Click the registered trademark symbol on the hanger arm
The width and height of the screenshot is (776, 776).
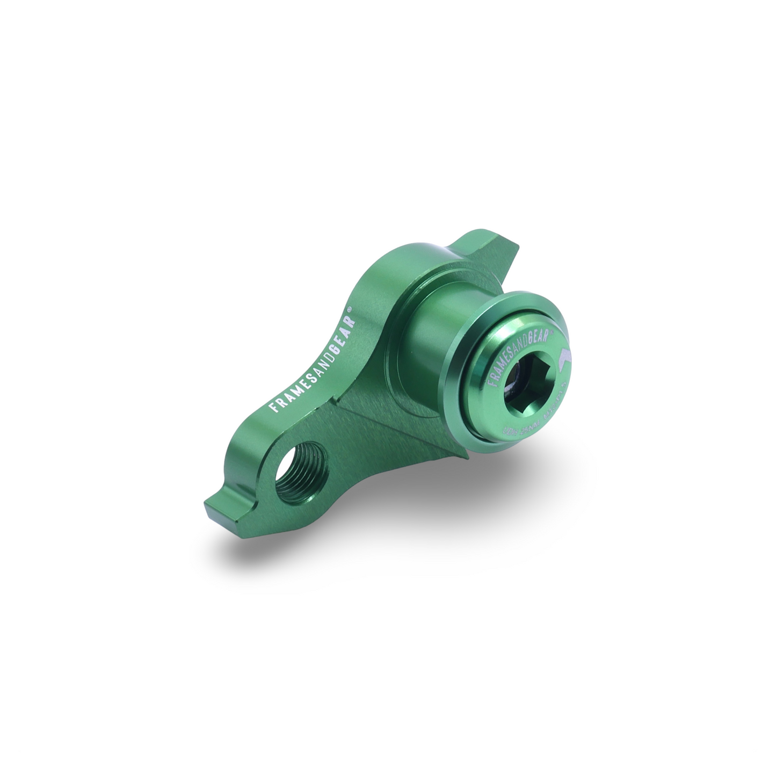click(349, 310)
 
